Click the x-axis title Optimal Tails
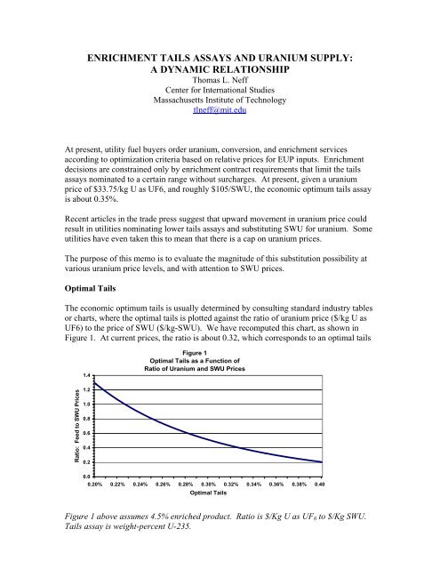(x=219, y=498)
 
